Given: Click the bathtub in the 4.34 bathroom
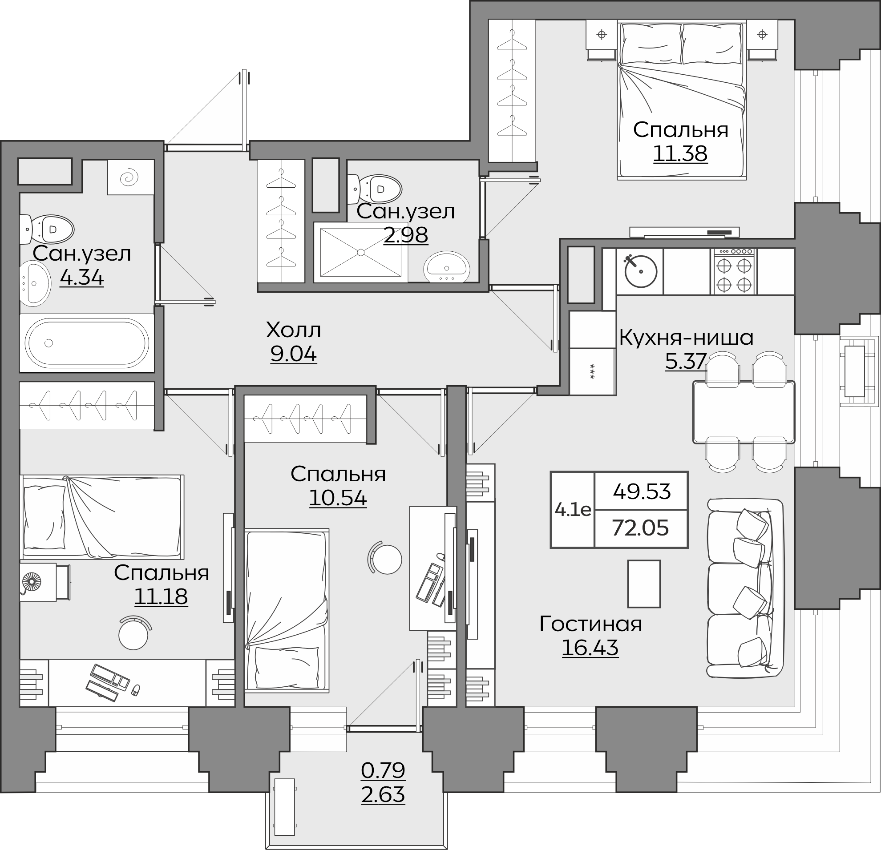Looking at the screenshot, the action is (87, 343).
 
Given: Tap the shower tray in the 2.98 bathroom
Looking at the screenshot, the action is (360, 253).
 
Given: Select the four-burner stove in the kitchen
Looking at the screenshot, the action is (734, 272).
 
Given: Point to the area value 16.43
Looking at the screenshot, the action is (590, 648).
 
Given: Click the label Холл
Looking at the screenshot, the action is (294, 330).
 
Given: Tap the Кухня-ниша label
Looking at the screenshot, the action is (687, 338).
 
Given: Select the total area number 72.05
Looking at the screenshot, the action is (641, 528).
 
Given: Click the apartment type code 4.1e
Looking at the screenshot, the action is (573, 509).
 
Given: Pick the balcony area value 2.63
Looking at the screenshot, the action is (383, 795).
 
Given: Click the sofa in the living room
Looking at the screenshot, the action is (745, 588).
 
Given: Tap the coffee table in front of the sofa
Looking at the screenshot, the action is (644, 584).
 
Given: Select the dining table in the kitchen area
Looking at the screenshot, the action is (744, 412).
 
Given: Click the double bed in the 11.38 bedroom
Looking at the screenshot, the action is (682, 100).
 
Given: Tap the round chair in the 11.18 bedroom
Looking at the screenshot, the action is (134, 632).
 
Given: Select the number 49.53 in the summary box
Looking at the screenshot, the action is (642, 491).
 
